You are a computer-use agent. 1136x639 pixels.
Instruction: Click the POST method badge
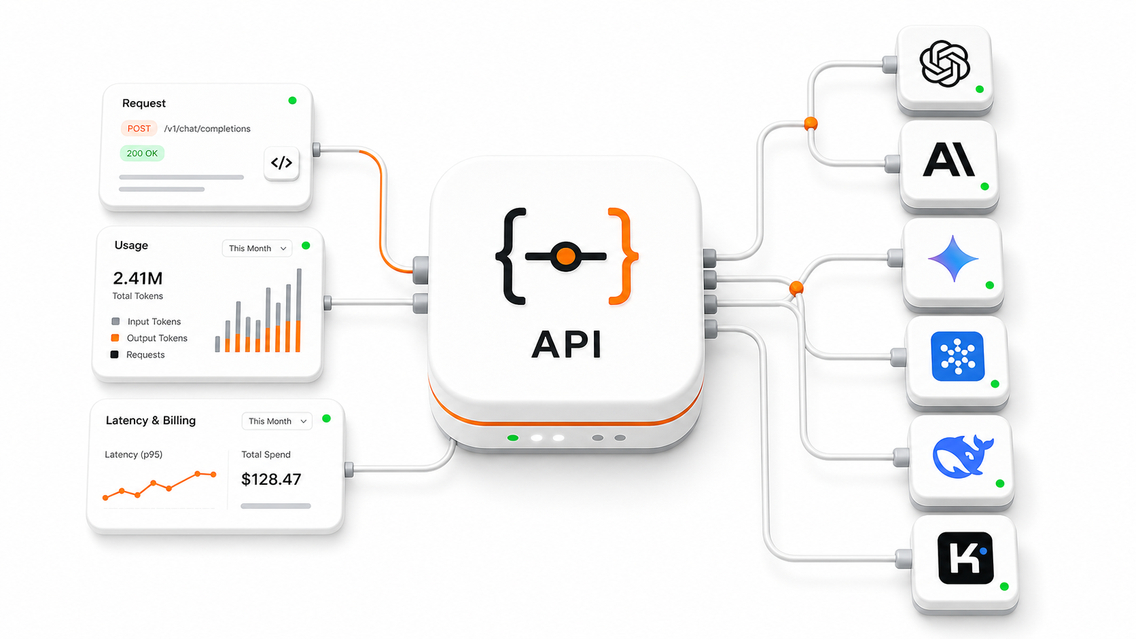(x=139, y=129)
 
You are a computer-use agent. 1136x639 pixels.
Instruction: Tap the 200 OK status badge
(x=142, y=153)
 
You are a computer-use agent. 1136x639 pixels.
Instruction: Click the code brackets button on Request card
(x=281, y=163)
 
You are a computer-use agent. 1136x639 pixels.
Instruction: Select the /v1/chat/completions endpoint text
(x=207, y=129)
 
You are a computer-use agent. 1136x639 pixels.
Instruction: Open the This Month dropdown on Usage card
(x=257, y=249)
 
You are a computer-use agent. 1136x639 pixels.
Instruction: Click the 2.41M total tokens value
(x=138, y=278)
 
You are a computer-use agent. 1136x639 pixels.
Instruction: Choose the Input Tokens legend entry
(x=146, y=321)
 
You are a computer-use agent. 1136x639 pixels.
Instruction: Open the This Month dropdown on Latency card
(x=277, y=421)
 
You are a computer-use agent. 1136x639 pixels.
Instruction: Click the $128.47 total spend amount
(x=271, y=479)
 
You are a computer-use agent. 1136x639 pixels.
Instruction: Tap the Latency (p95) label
(x=133, y=454)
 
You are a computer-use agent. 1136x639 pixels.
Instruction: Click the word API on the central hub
(x=567, y=344)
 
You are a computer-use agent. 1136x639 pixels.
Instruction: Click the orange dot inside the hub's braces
(x=565, y=257)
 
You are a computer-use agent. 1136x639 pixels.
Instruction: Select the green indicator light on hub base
(x=513, y=438)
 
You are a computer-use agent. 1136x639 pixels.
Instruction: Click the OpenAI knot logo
(x=944, y=64)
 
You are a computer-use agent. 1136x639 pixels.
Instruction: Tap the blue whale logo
(x=963, y=457)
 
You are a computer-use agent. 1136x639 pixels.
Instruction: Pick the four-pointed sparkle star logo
(x=953, y=259)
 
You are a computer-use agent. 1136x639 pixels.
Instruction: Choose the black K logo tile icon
(x=965, y=558)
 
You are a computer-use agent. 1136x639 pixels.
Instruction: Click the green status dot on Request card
(x=292, y=101)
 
